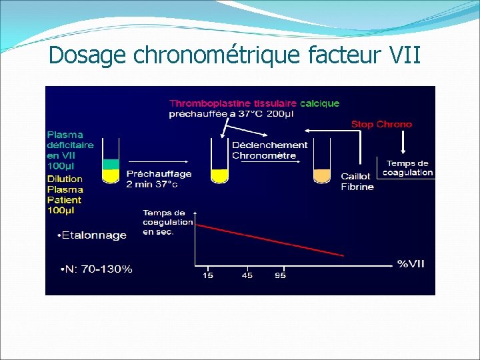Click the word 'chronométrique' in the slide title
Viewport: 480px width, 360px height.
point(217,55)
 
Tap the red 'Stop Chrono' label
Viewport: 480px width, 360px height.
point(381,124)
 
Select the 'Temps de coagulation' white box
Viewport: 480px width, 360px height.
point(407,168)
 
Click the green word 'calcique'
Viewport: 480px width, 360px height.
point(319,103)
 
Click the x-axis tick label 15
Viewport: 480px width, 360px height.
point(208,275)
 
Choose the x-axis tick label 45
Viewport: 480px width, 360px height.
point(247,275)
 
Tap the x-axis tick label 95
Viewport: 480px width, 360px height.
point(280,275)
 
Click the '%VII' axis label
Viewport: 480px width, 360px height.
point(411,264)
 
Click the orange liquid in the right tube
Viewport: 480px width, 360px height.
point(322,176)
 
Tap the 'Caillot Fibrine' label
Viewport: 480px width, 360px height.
point(357,181)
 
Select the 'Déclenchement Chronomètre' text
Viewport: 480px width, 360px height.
point(269,150)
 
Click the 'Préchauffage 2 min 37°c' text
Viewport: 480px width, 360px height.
point(159,179)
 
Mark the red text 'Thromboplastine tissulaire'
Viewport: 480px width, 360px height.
point(233,103)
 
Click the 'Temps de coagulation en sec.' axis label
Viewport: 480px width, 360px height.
point(167,223)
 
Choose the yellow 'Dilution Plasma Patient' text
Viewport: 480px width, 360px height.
point(65,194)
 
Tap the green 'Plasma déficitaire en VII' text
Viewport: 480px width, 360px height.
point(70,149)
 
